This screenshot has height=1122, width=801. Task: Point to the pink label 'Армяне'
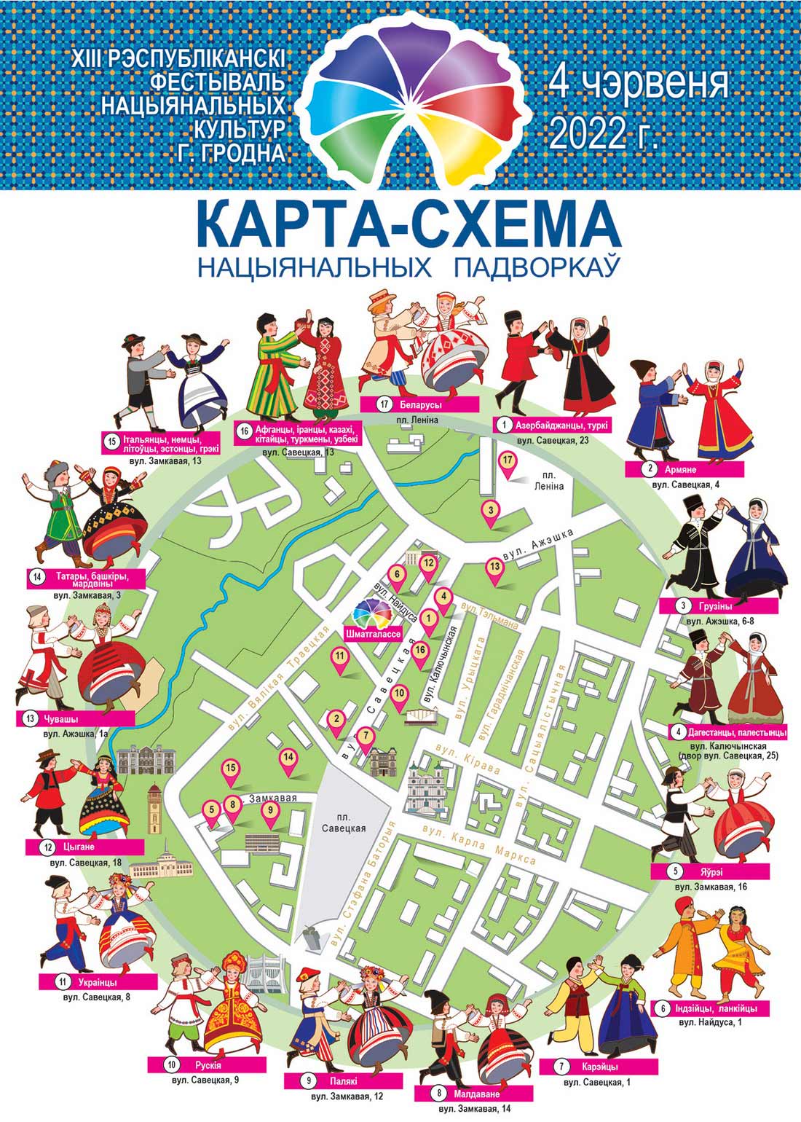tap(685, 470)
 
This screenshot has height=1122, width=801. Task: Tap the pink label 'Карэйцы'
tap(600, 1067)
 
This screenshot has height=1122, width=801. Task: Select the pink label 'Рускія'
tap(203, 1065)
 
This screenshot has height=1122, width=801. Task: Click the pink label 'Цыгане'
tap(84, 847)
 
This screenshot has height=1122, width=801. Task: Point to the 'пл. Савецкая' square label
tap(346, 823)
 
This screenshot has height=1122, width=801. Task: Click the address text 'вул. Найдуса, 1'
tap(711, 1023)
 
